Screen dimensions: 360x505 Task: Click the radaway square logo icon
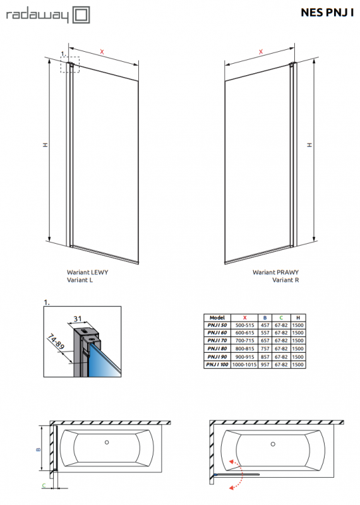click(81, 15)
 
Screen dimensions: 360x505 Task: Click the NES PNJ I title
click(327, 12)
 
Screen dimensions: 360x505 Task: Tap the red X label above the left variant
click(102, 52)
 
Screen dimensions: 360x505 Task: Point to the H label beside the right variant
click(309, 145)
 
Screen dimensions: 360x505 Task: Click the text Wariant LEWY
click(87, 272)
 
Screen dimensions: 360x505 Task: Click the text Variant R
click(285, 280)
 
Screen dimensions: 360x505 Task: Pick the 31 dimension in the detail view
click(77, 319)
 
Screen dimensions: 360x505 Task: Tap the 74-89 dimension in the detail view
click(56, 342)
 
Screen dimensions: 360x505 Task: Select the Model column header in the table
click(217, 318)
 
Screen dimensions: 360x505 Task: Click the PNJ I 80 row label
click(217, 348)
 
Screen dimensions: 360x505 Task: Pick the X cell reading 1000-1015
click(244, 365)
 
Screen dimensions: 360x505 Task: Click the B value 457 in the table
click(265, 325)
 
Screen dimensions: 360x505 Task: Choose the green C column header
click(281, 318)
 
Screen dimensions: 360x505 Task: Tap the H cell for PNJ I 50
click(298, 325)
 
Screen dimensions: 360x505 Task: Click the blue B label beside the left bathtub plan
click(39, 449)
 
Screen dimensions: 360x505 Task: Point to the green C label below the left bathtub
click(44, 485)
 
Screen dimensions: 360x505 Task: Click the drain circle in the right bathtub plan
click(273, 444)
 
